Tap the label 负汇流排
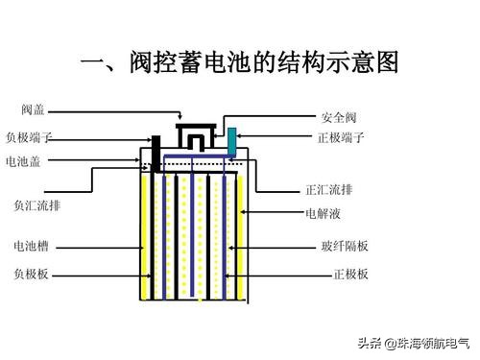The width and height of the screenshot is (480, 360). (x=36, y=205)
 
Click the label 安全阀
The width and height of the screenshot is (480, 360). (x=340, y=116)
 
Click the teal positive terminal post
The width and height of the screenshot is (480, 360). (x=231, y=139)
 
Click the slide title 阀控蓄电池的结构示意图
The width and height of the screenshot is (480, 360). (x=263, y=65)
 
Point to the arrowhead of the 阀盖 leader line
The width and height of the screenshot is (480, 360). (x=180, y=122)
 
